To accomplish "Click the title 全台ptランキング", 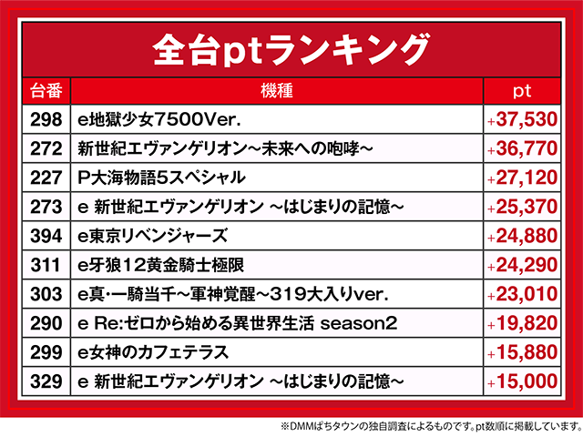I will [291, 46].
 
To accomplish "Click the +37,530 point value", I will [522, 118].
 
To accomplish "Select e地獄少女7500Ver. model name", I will [159, 118].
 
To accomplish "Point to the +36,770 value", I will [522, 147].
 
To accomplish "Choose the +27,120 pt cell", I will [522, 177].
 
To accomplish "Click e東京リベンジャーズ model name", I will [153, 235].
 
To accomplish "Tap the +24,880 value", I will [522, 235].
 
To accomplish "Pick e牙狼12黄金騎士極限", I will [160, 264].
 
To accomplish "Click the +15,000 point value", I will [522, 381].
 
